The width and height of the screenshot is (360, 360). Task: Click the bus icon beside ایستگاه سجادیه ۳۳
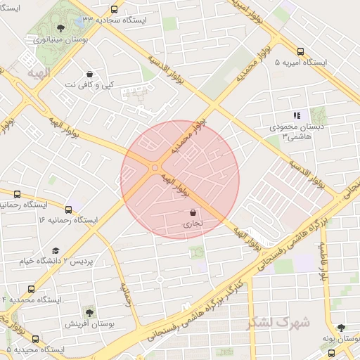[x=115, y=10]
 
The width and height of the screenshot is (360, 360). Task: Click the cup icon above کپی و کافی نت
[x=90, y=74]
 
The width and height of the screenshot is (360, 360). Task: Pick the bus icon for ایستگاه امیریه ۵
[x=300, y=51]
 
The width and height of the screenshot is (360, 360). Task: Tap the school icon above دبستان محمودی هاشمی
[x=297, y=115]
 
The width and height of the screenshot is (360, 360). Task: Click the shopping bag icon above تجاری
[x=192, y=213]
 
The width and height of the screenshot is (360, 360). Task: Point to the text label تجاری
[x=192, y=225]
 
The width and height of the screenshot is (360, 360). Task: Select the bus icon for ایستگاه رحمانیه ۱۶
[x=68, y=209]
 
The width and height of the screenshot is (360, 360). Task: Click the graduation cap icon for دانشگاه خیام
[x=56, y=250]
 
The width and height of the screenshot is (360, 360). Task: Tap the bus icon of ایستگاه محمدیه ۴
[x=31, y=289]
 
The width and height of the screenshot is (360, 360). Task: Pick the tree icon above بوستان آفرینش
[x=89, y=312]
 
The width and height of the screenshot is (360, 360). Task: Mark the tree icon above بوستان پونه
[x=341, y=328]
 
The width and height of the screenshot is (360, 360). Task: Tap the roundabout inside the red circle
[x=154, y=167]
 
